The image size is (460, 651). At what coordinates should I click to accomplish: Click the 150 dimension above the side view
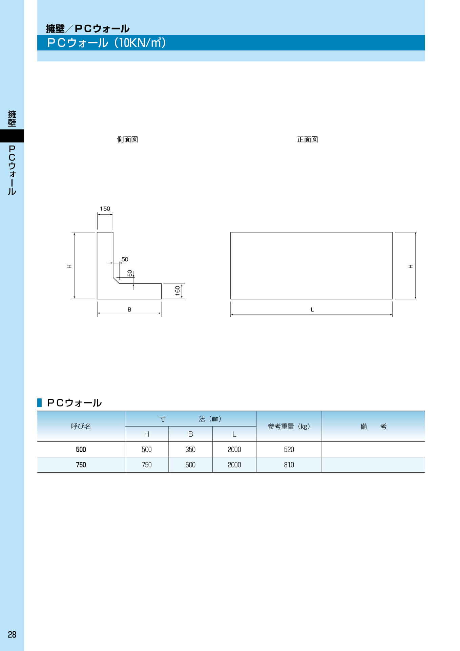coord(105,209)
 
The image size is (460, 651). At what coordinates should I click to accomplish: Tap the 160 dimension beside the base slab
coord(177,291)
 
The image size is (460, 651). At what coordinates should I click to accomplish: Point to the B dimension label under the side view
coord(129,310)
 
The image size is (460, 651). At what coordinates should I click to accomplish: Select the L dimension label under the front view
coord(312,310)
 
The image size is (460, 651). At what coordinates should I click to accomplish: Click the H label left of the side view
coord(69,267)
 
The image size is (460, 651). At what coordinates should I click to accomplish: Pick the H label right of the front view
coord(411,267)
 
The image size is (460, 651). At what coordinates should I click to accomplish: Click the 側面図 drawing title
coord(127,139)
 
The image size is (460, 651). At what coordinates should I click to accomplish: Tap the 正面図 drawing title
coord(308,139)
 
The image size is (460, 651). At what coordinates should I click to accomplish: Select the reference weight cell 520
coord(289,449)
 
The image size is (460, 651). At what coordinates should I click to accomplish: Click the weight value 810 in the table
coord(289,465)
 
